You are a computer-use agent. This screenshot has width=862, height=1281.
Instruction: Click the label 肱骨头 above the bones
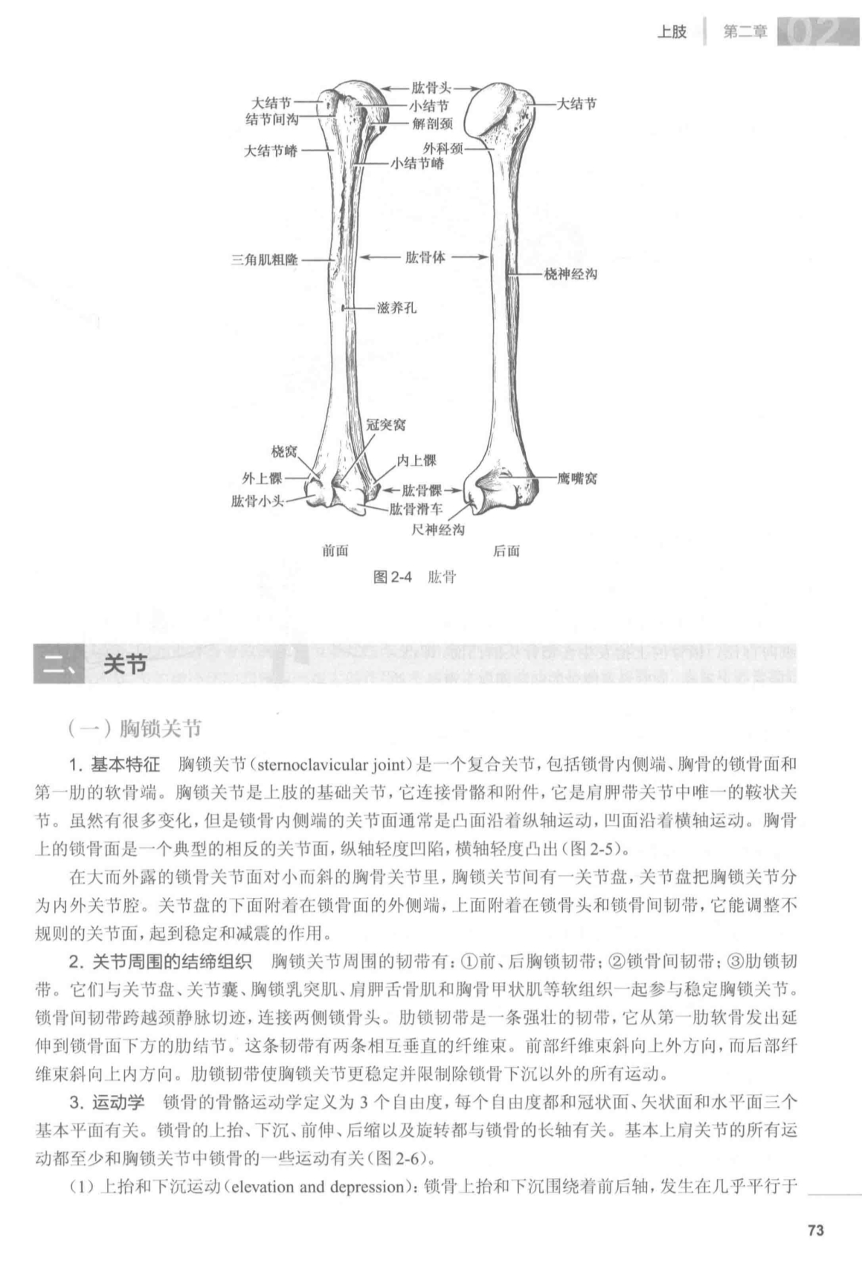click(431, 88)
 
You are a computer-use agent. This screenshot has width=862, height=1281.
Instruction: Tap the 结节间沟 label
click(271, 120)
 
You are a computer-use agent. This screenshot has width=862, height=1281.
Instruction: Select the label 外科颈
click(444, 149)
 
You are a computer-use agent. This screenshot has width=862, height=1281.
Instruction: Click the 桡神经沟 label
click(570, 274)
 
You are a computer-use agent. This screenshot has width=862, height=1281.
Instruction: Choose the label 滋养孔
click(396, 308)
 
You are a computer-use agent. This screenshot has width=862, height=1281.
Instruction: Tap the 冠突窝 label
click(386, 425)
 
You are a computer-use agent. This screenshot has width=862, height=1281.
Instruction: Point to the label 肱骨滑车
click(416, 510)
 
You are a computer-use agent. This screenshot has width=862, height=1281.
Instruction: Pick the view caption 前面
click(335, 551)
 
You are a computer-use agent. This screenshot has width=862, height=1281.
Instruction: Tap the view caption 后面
click(506, 551)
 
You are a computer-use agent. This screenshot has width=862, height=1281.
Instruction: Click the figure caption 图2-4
click(393, 577)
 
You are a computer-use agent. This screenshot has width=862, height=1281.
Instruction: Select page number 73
click(815, 1230)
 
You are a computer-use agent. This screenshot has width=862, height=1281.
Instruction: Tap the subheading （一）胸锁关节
click(134, 729)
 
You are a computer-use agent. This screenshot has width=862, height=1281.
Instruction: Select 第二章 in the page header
click(744, 33)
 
